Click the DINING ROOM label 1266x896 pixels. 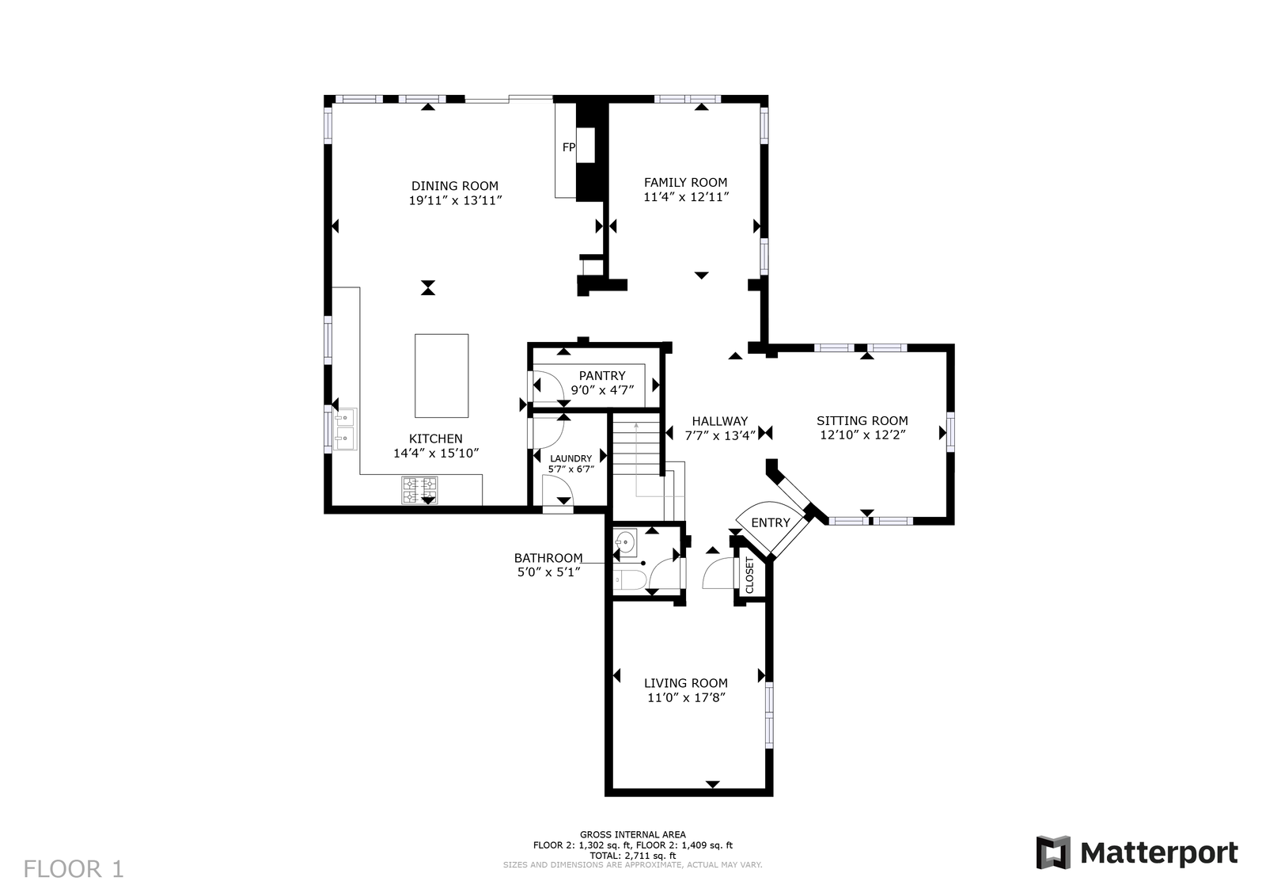[x=454, y=186]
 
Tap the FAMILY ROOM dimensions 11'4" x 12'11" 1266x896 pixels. [x=685, y=197]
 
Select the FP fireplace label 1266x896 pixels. [x=569, y=147]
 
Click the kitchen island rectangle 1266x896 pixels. [x=442, y=376]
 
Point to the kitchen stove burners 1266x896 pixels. [x=419, y=490]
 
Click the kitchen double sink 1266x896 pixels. [x=344, y=429]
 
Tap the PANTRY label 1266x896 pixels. [x=602, y=376]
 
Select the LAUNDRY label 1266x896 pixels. [x=570, y=458]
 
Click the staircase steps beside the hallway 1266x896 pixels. [x=636, y=444]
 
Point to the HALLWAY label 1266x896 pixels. [x=719, y=421]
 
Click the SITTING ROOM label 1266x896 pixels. [x=862, y=420]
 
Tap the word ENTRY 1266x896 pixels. [x=771, y=523]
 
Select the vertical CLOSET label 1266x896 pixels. [x=750, y=575]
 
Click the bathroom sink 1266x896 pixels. [x=626, y=543]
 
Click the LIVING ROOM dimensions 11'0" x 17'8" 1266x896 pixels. [x=686, y=698]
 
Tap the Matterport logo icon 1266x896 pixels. [x=1053, y=852]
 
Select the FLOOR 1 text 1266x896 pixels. [x=74, y=869]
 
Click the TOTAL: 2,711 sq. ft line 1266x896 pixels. [x=632, y=856]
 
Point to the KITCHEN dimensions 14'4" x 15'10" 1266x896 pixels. [x=436, y=454]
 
